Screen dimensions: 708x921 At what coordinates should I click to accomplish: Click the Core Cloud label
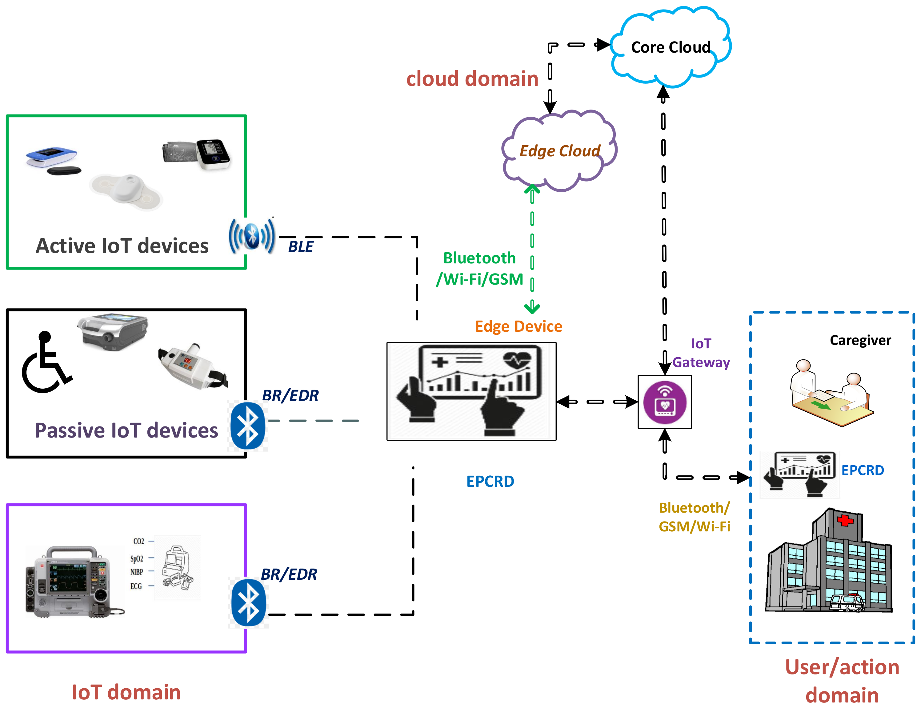coord(670,47)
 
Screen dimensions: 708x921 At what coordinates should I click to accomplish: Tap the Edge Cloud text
coord(559,151)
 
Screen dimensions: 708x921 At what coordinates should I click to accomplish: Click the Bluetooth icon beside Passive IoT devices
coord(248,426)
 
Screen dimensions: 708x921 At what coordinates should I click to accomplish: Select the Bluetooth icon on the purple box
coord(249,603)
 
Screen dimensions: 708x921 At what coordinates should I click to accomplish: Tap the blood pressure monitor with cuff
coord(197,154)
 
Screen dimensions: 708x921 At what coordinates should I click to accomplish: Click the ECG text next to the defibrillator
coord(136,586)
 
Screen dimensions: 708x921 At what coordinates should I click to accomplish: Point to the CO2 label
coord(138,541)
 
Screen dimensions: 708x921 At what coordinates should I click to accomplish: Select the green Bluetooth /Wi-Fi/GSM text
coord(480,268)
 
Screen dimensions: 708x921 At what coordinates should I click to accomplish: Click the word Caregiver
coord(860,340)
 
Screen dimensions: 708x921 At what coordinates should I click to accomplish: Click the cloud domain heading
coord(472,79)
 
